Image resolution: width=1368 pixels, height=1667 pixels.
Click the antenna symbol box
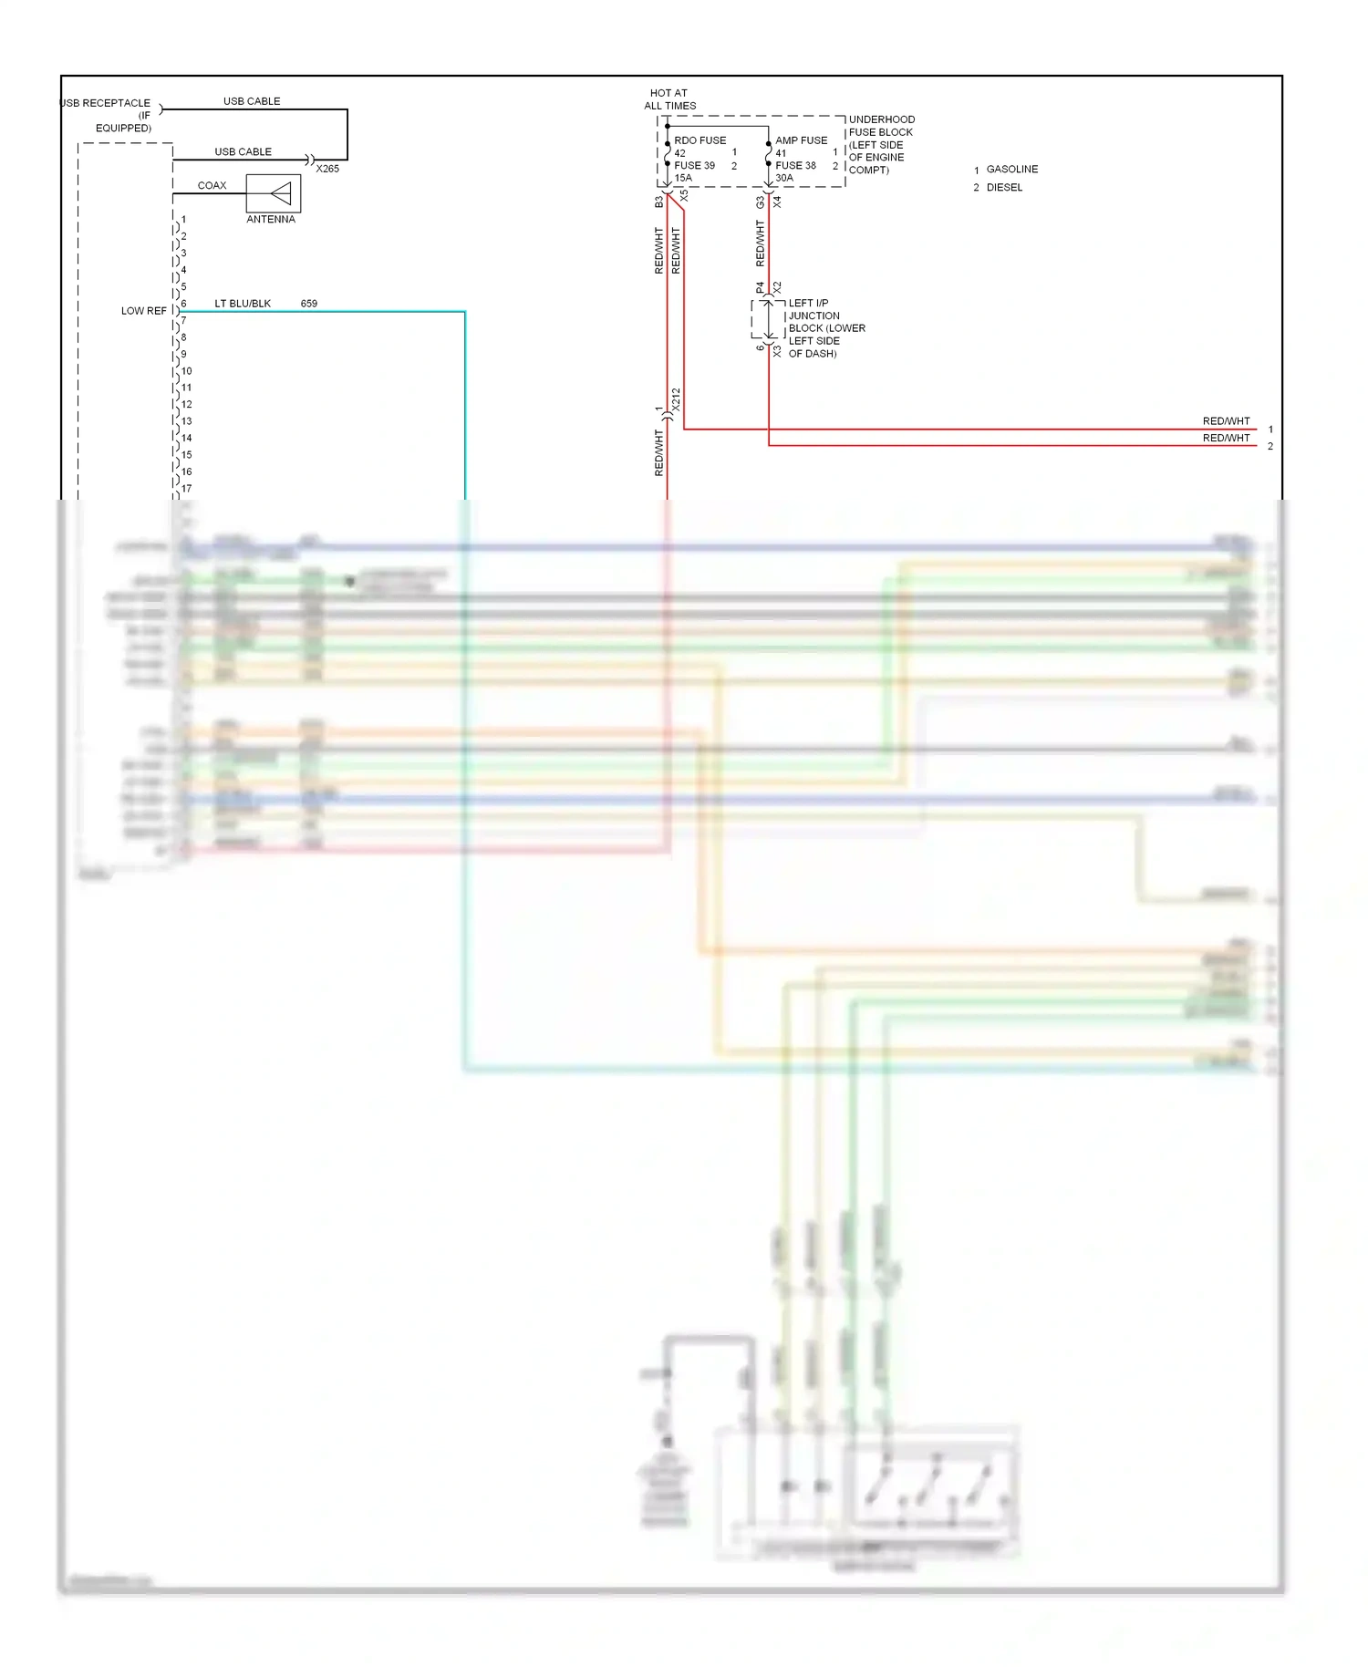[274, 193]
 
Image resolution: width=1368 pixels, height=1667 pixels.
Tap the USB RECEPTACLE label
[106, 103]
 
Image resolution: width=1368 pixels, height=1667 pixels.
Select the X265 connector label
[327, 169]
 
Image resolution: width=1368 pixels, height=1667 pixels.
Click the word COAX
[212, 185]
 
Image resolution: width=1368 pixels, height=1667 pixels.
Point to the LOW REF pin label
[144, 311]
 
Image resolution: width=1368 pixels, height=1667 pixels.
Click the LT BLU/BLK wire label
[243, 304]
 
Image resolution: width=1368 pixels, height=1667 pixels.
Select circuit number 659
[309, 304]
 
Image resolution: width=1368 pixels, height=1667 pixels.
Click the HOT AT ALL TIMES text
[669, 99]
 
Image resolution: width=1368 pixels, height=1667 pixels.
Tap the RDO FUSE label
[700, 140]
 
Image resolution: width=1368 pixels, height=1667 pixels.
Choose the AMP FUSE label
[801, 140]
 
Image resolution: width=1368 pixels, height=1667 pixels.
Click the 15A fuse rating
[683, 178]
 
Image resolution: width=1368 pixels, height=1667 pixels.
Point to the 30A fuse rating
[784, 178]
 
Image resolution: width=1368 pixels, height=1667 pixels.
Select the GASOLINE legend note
[1011, 170]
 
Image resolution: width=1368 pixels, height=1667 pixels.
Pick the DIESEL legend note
[1004, 188]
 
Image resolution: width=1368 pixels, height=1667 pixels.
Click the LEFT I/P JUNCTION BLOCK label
[825, 328]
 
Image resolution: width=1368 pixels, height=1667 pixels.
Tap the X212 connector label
[676, 399]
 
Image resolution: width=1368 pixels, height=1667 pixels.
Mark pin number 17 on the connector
[186, 489]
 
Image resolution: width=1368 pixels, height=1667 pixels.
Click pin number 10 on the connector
[186, 371]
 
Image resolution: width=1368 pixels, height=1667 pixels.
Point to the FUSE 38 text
[795, 166]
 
